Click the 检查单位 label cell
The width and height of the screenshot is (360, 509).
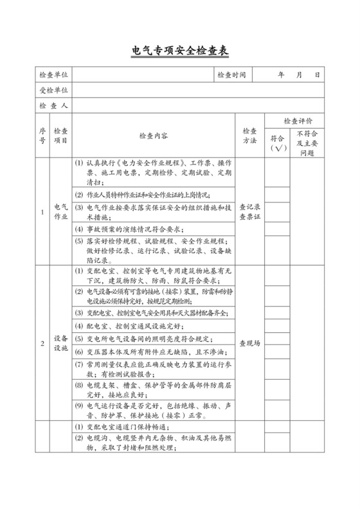(x=53, y=75)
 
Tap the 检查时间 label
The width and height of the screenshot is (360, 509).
(x=231, y=75)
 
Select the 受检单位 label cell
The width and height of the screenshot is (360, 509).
(x=53, y=90)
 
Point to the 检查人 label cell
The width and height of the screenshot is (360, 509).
(x=53, y=105)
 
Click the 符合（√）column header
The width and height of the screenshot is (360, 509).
(x=278, y=143)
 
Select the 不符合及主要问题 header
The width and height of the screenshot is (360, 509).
(x=309, y=143)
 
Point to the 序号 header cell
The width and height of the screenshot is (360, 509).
(x=42, y=136)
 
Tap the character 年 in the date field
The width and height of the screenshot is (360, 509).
(x=281, y=75)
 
